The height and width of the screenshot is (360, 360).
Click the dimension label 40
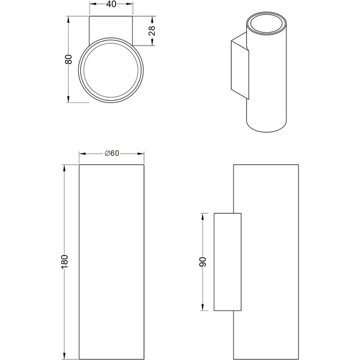point(111,4)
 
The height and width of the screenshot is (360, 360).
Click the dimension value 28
point(152,31)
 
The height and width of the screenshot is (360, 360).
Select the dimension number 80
point(69,59)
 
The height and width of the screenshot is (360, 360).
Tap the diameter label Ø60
point(112,153)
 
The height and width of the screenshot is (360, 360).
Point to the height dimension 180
point(65,262)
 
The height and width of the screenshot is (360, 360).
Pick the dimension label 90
point(202,262)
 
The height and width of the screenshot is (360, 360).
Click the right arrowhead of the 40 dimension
point(129,4)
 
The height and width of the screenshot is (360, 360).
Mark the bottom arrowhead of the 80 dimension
point(69,99)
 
